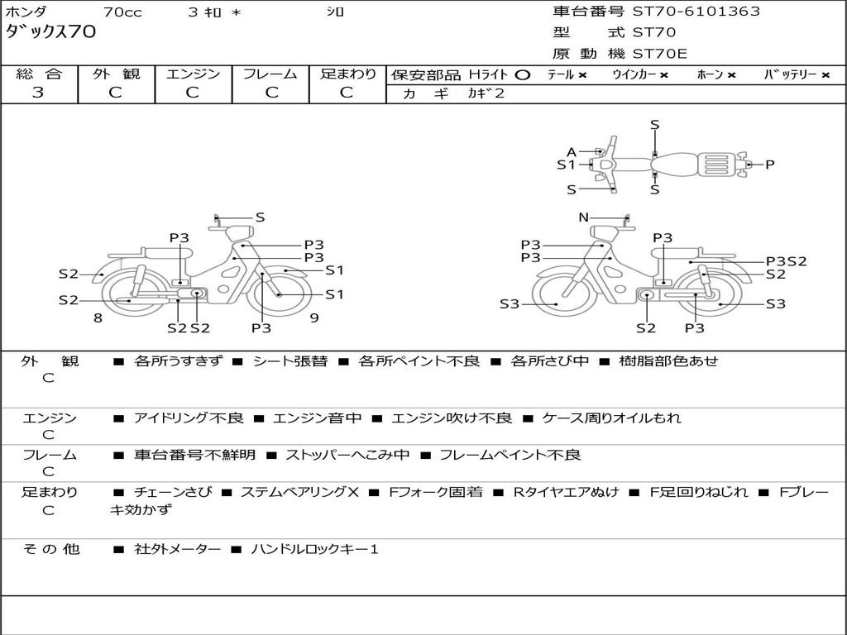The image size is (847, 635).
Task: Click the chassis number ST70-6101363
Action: pyautogui.click(x=696, y=12)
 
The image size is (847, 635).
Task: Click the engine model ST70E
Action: pyautogui.click(x=659, y=54)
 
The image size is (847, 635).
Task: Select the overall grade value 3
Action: pyautogui.click(x=38, y=93)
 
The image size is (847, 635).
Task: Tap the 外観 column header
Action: pyautogui.click(x=116, y=74)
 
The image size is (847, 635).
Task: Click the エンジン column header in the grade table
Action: pyautogui.click(x=193, y=74)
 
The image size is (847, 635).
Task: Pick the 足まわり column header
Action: pyautogui.click(x=347, y=74)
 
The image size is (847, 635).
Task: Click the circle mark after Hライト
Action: pyautogui.click(x=522, y=74)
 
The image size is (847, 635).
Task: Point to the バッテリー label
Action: pyautogui.click(x=790, y=74)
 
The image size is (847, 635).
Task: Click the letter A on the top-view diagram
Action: pyautogui.click(x=571, y=151)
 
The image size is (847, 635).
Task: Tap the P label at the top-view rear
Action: pyautogui.click(x=769, y=165)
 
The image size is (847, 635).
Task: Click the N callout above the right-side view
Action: pyautogui.click(x=583, y=217)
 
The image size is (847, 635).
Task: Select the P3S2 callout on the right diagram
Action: pyautogui.click(x=785, y=261)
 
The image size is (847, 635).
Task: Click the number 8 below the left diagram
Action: pyautogui.click(x=98, y=317)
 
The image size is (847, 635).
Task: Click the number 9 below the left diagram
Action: pyautogui.click(x=314, y=317)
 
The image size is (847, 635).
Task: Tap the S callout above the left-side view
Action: pyautogui.click(x=260, y=217)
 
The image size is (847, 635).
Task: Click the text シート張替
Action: pyautogui.click(x=290, y=361)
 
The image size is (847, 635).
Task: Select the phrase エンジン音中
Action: pyautogui.click(x=317, y=418)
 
